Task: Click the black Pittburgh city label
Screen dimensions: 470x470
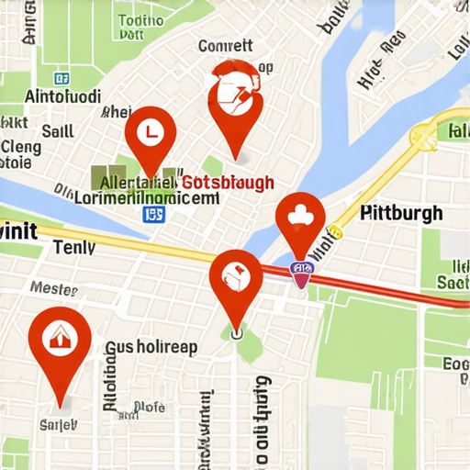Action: pyautogui.click(x=401, y=213)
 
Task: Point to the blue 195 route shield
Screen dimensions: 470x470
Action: pyautogui.click(x=154, y=214)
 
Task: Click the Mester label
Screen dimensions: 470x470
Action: pyautogui.click(x=54, y=287)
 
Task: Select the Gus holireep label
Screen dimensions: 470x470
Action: pyautogui.click(x=153, y=347)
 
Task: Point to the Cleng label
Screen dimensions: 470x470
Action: pyautogui.click(x=20, y=147)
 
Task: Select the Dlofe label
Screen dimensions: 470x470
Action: pyautogui.click(x=150, y=407)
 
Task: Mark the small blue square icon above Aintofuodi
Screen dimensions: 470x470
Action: pyautogui.click(x=62, y=79)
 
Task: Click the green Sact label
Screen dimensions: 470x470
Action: pyautogui.click(x=453, y=282)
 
